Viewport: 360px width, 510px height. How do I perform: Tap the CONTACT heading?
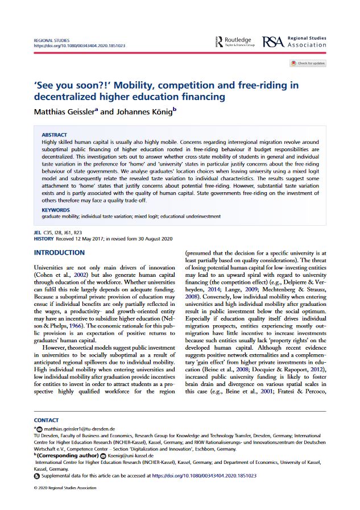[46, 420]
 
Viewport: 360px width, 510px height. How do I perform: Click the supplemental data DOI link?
[204, 475]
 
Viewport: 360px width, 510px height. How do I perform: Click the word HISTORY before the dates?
[43, 239]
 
